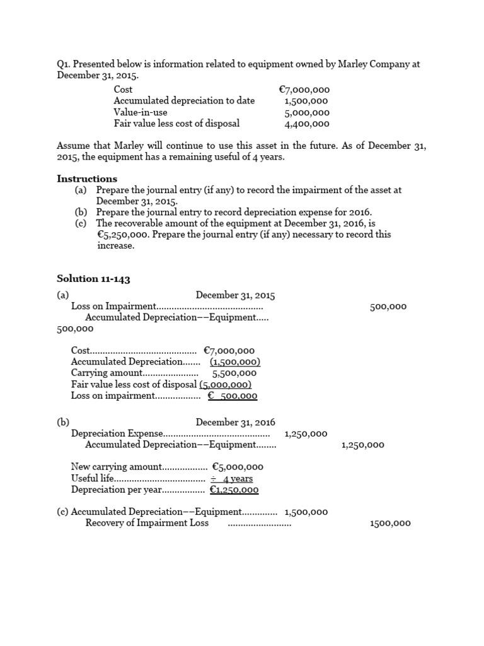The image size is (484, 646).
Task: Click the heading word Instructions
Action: point(87,179)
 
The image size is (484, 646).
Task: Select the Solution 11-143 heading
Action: point(93,278)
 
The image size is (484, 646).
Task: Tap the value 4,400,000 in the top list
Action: point(307,124)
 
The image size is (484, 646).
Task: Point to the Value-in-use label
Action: point(141,112)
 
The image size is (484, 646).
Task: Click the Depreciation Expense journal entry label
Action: point(117,433)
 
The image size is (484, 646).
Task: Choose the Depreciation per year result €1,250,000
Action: point(234,490)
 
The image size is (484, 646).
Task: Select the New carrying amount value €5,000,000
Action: point(238,467)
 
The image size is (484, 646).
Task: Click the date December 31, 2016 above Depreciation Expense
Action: point(235,422)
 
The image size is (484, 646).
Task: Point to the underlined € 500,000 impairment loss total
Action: point(233,396)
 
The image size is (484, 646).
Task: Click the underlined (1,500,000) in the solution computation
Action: point(235,361)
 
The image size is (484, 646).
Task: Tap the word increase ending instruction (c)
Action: point(115,245)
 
